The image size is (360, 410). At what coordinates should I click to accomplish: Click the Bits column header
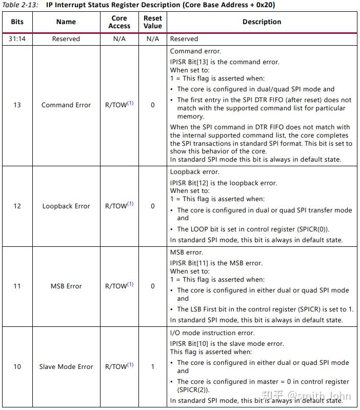point(17,22)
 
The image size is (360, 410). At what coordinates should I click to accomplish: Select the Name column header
point(66,22)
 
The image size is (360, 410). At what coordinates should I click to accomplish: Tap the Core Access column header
point(119,22)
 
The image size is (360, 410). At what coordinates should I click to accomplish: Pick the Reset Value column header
point(152,22)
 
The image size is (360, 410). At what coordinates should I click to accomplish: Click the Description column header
point(262,22)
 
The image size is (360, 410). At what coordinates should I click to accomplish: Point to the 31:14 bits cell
point(17,38)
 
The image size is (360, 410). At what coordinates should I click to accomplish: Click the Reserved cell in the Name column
point(66,38)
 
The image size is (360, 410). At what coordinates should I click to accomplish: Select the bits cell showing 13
point(17,105)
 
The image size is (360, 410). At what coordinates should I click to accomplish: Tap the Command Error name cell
point(66,105)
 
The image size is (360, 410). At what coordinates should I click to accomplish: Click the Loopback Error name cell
point(66,206)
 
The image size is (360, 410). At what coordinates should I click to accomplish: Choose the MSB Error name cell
point(66,286)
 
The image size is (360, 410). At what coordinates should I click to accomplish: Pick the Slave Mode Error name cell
point(66,366)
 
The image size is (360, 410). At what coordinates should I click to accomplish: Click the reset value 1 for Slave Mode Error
point(152,366)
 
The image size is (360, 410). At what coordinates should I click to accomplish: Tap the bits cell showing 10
point(17,366)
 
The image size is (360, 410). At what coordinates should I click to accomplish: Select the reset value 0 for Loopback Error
point(152,206)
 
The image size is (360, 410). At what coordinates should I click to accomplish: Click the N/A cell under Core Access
point(119,38)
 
